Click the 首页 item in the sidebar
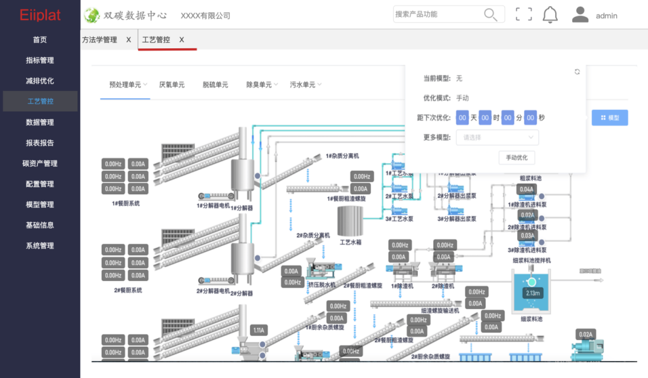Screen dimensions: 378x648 [40, 40]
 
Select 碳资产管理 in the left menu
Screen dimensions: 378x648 [40, 163]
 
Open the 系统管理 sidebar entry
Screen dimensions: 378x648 [40, 245]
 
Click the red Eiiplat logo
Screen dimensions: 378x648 [40, 15]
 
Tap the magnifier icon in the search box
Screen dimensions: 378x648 [491, 14]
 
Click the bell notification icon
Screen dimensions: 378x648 [550, 15]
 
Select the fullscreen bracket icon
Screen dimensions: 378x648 [524, 14]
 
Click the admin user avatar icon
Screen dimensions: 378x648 [580, 15]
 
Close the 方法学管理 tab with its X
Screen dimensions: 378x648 [128, 40]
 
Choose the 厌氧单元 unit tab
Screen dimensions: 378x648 [172, 85]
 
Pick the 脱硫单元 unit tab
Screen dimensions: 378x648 [215, 85]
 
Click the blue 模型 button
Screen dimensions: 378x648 [609, 118]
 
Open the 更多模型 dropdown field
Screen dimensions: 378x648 [497, 137]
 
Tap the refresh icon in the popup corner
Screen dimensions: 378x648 [577, 72]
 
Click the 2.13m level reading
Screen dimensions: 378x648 [532, 293]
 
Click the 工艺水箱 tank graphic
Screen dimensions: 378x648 [350, 221]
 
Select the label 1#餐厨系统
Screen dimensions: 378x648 [126, 203]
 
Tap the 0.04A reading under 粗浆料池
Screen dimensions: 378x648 [527, 189]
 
